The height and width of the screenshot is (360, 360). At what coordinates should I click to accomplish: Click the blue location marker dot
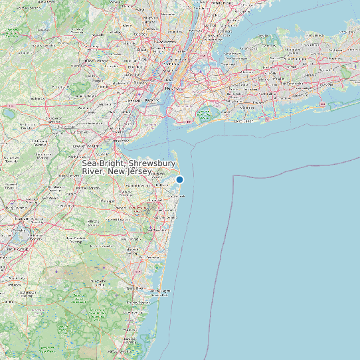179,179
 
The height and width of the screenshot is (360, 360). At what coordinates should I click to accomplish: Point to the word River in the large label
94,171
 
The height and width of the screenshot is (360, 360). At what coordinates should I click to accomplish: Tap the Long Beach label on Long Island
242,122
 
